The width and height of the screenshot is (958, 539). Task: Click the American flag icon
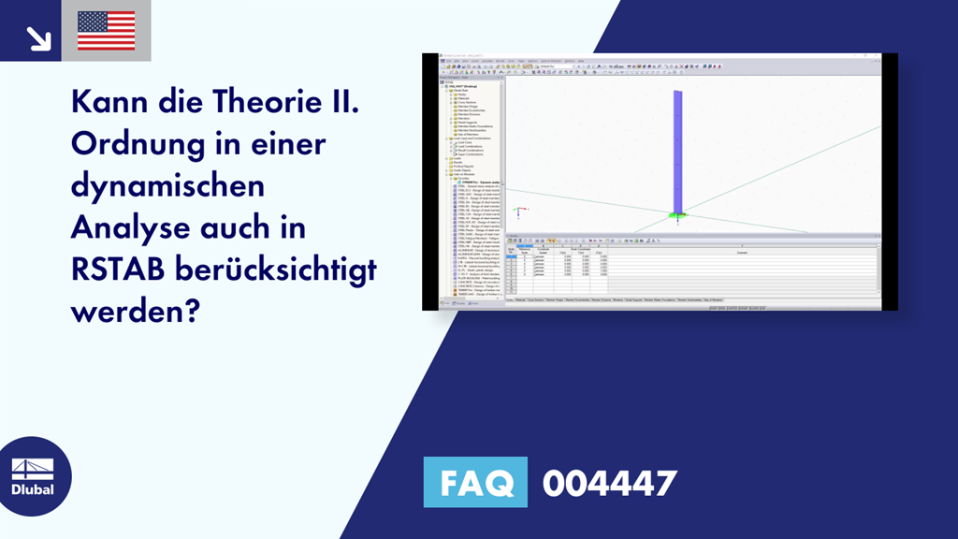click(x=107, y=31)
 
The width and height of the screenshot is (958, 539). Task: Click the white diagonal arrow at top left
click(x=38, y=36)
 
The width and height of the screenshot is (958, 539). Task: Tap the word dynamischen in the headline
click(x=167, y=186)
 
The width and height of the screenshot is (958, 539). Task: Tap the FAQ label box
click(x=475, y=483)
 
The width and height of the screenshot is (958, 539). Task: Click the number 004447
click(x=609, y=483)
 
